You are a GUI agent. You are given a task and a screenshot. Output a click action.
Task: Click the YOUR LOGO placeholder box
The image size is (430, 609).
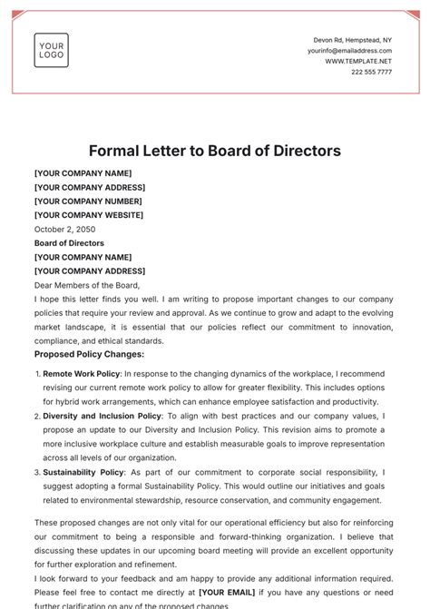(51, 50)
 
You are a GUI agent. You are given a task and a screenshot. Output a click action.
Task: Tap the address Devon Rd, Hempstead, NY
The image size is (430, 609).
(353, 40)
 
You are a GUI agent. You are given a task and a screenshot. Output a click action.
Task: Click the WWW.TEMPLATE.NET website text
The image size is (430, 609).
(358, 61)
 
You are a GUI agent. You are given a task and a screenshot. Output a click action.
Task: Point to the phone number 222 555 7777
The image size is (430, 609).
(372, 72)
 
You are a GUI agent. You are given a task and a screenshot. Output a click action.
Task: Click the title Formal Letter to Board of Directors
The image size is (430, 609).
(215, 151)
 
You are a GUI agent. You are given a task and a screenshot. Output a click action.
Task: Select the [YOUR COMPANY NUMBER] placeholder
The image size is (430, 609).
(91, 201)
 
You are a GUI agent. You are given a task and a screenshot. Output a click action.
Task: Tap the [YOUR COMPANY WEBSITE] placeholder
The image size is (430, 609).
(89, 215)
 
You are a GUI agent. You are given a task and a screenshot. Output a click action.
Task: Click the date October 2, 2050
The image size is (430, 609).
(66, 230)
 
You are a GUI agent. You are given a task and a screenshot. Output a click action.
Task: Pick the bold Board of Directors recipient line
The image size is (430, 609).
(69, 243)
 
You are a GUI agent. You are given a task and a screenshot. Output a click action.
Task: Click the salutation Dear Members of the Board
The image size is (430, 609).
(87, 285)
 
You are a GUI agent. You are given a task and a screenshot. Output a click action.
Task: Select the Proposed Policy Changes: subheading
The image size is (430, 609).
(89, 354)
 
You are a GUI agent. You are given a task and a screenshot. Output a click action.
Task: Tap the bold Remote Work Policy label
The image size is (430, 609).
(82, 374)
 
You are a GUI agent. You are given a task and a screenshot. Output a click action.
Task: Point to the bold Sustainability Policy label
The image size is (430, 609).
(83, 472)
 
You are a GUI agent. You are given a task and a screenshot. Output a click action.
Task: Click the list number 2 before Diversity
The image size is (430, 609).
(37, 416)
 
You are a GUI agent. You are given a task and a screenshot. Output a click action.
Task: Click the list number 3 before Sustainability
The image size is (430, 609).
(37, 472)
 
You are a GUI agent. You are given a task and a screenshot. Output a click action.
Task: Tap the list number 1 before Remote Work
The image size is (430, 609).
(37, 374)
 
